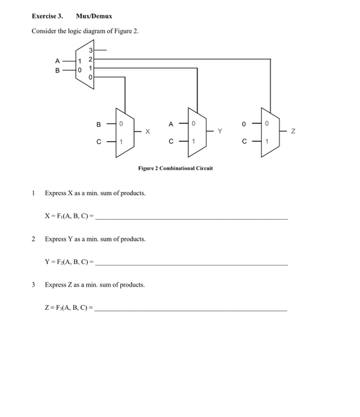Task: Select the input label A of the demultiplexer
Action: [x=57, y=60]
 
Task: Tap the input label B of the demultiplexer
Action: [x=57, y=70]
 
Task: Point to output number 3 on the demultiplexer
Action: [x=91, y=51]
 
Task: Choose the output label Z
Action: [x=292, y=132]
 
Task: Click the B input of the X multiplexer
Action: [x=98, y=125]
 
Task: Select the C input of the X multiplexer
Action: [x=98, y=141]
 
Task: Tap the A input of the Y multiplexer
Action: [x=170, y=125]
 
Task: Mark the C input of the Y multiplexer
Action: [x=170, y=141]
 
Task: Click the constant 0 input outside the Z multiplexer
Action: [x=244, y=125]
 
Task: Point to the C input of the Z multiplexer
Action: [x=244, y=141]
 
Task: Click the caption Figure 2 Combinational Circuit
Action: [x=175, y=169]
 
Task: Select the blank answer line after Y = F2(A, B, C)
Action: [x=191, y=263]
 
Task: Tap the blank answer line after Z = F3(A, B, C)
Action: [x=191, y=309]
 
